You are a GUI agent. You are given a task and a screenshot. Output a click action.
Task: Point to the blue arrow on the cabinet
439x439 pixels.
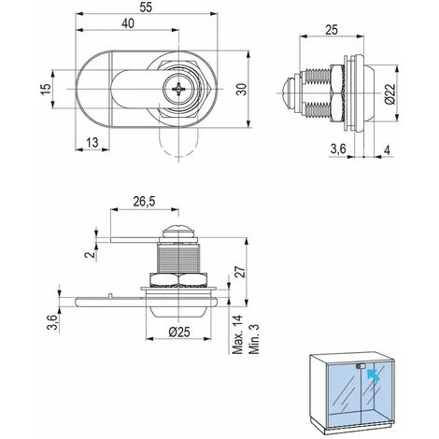374,375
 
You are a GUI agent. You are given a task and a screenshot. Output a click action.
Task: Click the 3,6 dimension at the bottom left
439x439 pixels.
54,323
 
